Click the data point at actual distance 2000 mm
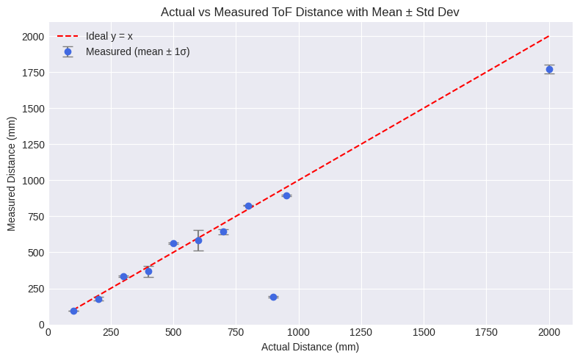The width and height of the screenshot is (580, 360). click(549, 69)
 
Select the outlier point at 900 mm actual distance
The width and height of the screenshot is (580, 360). click(273, 297)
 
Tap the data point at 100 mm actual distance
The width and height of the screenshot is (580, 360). click(73, 311)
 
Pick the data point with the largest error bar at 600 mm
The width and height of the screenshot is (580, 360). click(198, 240)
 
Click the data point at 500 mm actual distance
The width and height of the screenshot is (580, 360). click(173, 243)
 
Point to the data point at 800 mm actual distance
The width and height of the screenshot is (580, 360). click(248, 206)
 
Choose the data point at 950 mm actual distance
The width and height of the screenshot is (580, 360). click(286, 195)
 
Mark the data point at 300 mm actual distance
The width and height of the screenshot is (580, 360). click(123, 276)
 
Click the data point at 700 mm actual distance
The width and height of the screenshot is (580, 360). click(223, 231)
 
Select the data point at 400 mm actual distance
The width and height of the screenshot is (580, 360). click(148, 271)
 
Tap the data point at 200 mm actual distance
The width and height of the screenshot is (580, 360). click(98, 299)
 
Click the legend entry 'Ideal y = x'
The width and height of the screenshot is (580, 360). click(109, 36)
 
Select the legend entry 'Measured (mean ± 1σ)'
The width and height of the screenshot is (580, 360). click(137, 51)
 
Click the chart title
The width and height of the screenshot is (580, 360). click(309, 12)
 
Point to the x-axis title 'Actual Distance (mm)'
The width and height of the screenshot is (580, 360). click(310, 347)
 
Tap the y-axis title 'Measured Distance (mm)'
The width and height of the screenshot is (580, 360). click(12, 174)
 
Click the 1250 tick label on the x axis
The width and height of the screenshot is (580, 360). click(361, 332)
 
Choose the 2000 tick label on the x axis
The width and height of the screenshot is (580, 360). click(549, 332)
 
